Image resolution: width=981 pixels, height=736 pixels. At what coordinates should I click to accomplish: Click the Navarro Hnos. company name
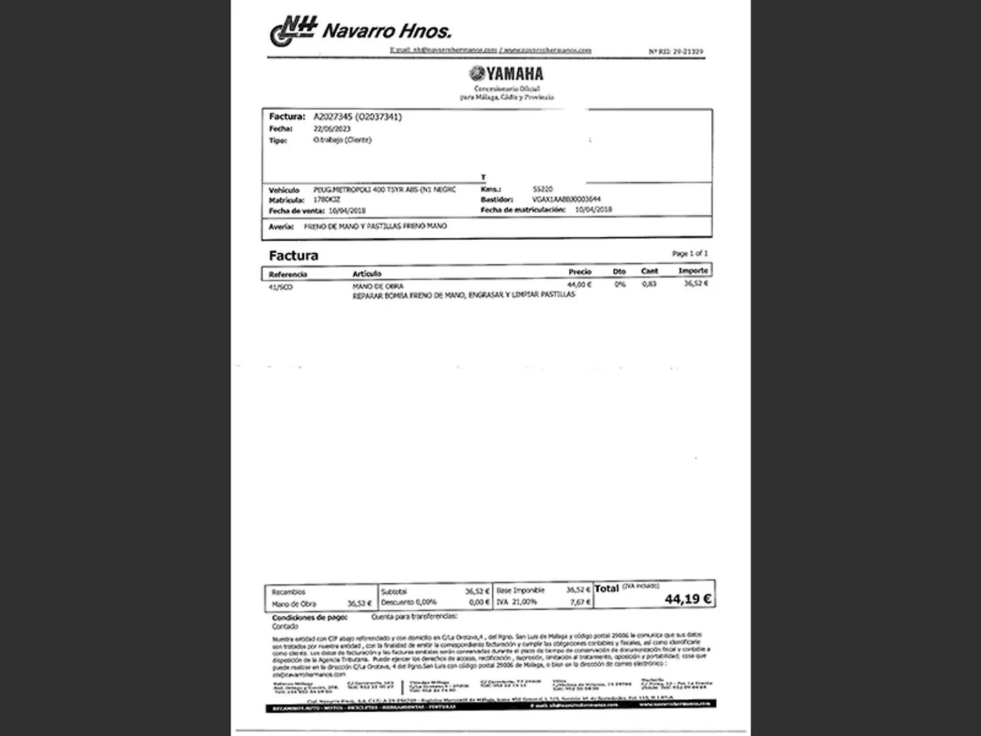(x=386, y=31)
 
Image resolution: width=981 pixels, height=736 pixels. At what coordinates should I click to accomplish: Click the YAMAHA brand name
(x=506, y=74)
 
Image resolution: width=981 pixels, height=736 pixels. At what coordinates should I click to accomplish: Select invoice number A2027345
(x=333, y=117)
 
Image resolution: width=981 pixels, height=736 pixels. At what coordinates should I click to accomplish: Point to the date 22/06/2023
(x=332, y=129)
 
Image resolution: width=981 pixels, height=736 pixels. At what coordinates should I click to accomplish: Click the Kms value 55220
(x=543, y=189)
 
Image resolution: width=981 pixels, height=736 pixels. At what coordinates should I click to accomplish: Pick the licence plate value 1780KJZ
(x=326, y=200)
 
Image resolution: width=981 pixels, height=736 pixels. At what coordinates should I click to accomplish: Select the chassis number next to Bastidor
(x=566, y=199)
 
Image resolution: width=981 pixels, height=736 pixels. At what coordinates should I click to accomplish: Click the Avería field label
(x=281, y=226)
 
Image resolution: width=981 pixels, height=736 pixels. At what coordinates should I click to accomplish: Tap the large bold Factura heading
(x=294, y=256)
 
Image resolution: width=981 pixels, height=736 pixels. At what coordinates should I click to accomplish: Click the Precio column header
(x=580, y=271)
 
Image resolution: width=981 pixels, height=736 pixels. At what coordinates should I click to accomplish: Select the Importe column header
(x=693, y=271)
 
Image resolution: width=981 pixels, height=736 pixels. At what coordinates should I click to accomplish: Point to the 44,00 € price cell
(x=579, y=284)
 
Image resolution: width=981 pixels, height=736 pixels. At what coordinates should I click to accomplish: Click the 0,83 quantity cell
(x=649, y=283)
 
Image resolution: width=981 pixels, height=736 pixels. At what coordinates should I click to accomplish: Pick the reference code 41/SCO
(x=281, y=287)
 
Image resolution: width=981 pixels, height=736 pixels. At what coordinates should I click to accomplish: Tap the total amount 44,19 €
(x=688, y=599)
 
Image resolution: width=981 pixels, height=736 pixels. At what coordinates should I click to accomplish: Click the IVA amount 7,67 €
(x=580, y=602)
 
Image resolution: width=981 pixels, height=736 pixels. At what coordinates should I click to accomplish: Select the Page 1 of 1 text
(x=689, y=254)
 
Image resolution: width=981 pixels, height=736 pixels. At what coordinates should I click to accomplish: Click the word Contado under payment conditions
(x=285, y=626)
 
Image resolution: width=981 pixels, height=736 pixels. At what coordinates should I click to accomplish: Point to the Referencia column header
(x=287, y=274)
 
